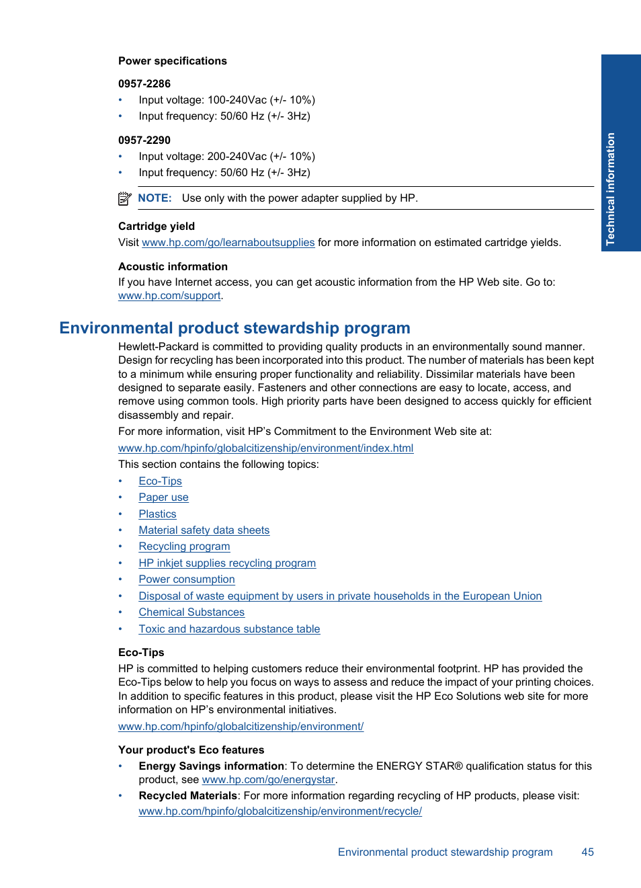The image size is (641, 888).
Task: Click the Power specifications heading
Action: coord(172,61)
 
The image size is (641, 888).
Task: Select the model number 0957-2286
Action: coord(144,84)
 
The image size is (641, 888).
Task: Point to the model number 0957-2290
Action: coord(144,140)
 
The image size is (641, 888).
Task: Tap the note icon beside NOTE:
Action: coord(124,198)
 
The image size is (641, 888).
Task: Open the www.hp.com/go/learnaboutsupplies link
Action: coord(228,243)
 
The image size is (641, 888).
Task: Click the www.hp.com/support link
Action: coord(169,296)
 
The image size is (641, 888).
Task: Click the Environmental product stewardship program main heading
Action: coord(234,328)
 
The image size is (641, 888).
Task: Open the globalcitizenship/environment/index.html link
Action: coord(265,448)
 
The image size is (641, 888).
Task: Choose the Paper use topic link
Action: coord(163,497)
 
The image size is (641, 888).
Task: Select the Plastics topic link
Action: coord(157,514)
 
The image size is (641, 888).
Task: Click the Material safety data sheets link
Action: coord(204,530)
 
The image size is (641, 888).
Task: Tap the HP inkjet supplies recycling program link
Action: coord(227,563)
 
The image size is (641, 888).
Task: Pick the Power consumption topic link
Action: coord(187,579)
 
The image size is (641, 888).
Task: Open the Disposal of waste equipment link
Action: coord(340,596)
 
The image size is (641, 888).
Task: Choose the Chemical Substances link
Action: coord(191,612)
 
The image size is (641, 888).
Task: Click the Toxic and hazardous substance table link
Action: coord(229,629)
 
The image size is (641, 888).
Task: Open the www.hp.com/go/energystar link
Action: coord(268,780)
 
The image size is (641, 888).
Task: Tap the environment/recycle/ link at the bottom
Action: coord(280,811)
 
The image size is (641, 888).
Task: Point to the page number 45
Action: coord(587,852)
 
